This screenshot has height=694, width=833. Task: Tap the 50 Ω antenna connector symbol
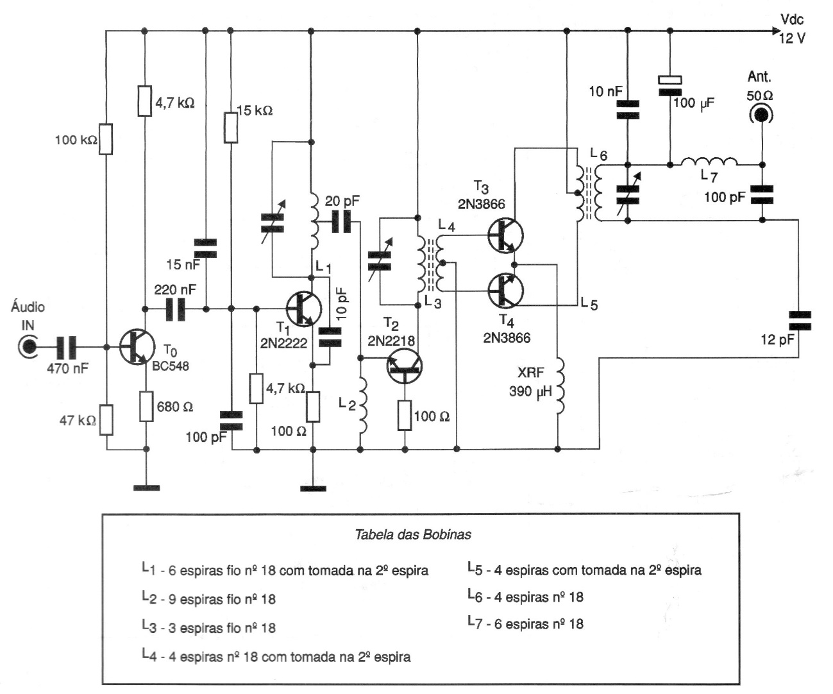coord(761,115)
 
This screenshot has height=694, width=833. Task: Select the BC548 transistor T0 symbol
coord(136,347)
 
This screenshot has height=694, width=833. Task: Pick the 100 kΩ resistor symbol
coord(106,140)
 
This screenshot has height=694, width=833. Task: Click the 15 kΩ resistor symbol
coord(230,127)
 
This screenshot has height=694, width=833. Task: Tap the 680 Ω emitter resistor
coord(146,407)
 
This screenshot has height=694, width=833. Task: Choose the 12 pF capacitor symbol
coord(800,320)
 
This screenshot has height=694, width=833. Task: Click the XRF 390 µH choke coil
coord(560,386)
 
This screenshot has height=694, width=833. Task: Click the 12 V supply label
coord(792,38)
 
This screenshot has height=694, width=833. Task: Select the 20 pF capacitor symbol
coord(342,223)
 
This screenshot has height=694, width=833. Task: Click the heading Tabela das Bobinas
coord(414,534)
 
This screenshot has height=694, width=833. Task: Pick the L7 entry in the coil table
coord(526,623)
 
